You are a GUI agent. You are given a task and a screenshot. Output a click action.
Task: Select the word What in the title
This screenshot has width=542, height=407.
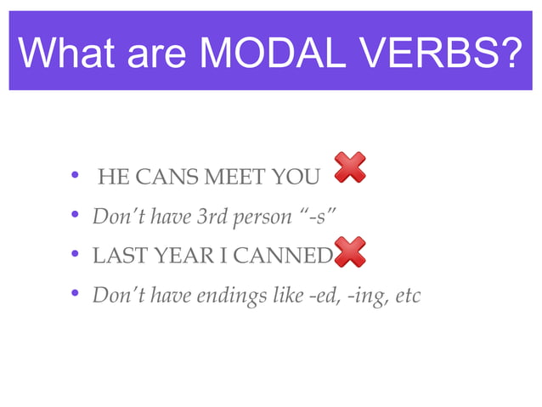coord(63,52)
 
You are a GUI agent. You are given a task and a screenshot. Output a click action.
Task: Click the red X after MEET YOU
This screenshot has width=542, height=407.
coord(350,167)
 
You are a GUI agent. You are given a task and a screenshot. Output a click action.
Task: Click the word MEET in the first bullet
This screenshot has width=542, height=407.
coord(232,178)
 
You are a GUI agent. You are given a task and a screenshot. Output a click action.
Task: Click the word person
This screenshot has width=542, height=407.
coord(262,218)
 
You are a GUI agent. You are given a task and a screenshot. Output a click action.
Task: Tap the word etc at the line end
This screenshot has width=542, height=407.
coord(407,296)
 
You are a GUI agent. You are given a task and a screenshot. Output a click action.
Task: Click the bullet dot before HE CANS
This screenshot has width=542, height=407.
coord(76,177)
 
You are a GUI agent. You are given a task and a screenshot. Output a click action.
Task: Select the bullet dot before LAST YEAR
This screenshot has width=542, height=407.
coord(76,256)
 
